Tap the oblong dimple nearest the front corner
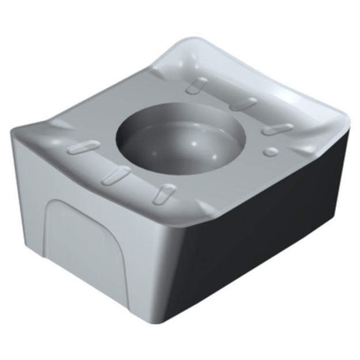(x=163, y=192)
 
